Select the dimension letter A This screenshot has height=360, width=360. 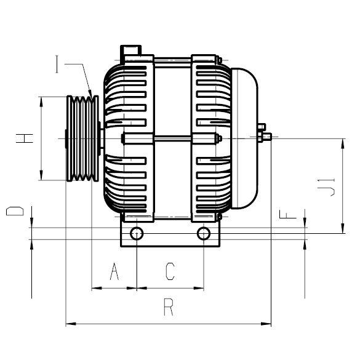(113, 271)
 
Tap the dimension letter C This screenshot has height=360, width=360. (170, 271)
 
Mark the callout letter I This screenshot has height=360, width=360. (58, 64)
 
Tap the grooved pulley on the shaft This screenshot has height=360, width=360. (82, 138)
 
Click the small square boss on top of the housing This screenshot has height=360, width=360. (132, 49)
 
